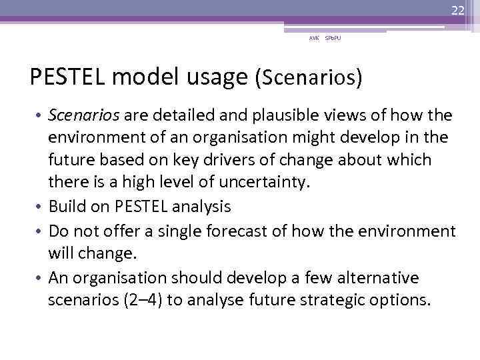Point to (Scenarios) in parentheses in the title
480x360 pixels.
click(309, 78)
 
